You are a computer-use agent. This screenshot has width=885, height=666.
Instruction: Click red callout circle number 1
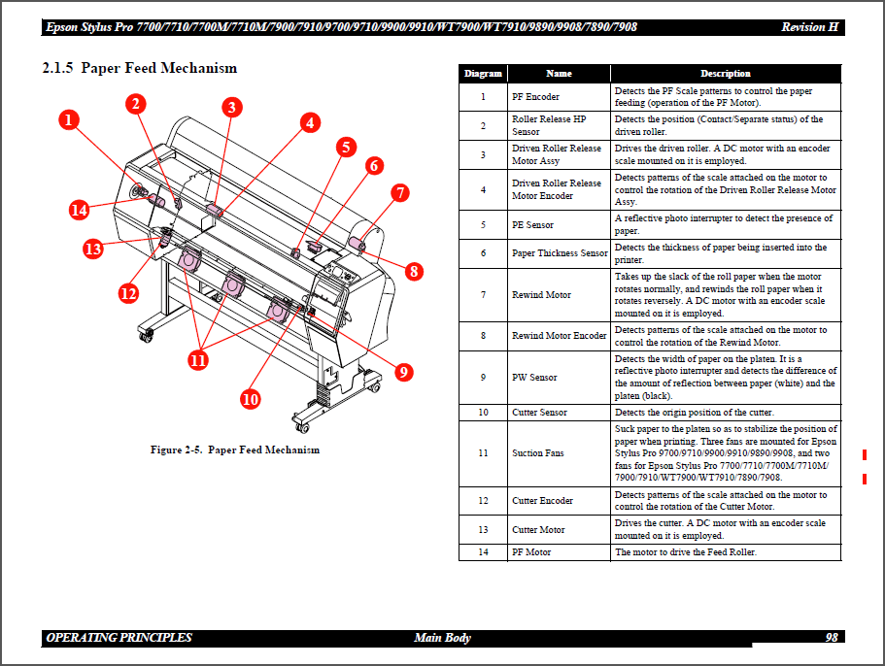pyautogui.click(x=68, y=120)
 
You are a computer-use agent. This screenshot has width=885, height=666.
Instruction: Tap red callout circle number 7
pyautogui.click(x=400, y=193)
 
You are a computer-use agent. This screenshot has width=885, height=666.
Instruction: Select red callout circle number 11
pyautogui.click(x=198, y=360)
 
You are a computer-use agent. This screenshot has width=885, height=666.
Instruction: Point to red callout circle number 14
pyautogui.click(x=80, y=210)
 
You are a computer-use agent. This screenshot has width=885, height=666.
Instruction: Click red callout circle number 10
pyautogui.click(x=251, y=398)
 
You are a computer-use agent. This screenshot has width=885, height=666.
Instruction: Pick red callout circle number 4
pyautogui.click(x=309, y=122)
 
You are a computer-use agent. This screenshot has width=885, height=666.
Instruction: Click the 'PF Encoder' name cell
pyautogui.click(x=535, y=97)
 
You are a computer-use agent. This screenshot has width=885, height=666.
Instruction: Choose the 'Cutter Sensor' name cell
pyautogui.click(x=539, y=413)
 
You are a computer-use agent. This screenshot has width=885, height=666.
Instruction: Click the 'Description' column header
pyautogui.click(x=726, y=74)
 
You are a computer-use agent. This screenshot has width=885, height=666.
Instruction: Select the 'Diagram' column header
pyautogui.click(x=483, y=74)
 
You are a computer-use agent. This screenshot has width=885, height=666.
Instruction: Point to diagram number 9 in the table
pyautogui.click(x=483, y=377)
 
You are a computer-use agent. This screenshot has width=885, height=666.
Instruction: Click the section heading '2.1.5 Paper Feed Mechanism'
pyautogui.click(x=140, y=68)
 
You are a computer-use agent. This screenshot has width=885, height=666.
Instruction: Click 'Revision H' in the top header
pyautogui.click(x=809, y=27)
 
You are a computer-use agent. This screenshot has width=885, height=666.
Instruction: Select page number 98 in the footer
pyautogui.click(x=832, y=638)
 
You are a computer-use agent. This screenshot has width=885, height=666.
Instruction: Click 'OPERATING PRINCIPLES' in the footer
pyautogui.click(x=119, y=638)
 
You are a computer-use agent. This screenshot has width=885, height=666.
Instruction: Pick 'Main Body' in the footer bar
pyautogui.click(x=442, y=638)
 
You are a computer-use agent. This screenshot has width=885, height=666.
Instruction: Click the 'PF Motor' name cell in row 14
pyautogui.click(x=531, y=552)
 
